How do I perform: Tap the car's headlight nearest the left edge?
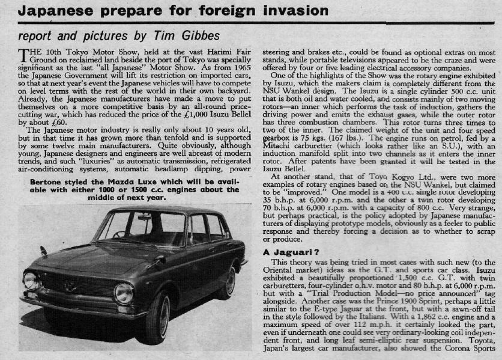click(x=30, y=280)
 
